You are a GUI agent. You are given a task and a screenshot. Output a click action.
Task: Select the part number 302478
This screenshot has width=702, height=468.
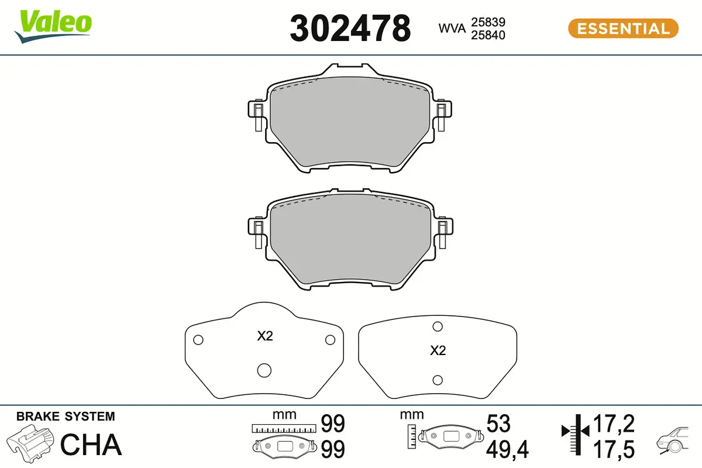click(x=350, y=28)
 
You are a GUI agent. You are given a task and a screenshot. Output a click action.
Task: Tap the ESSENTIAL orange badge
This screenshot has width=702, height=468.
click(x=623, y=28)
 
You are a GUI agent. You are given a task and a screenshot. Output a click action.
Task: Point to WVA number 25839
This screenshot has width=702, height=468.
click(x=488, y=22)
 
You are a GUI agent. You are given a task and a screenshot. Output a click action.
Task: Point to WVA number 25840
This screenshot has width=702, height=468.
click(x=488, y=35)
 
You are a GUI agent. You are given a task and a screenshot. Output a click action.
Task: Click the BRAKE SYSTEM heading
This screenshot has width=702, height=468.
click(x=66, y=417)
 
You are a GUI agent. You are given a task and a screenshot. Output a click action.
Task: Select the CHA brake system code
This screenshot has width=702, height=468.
click(x=91, y=445)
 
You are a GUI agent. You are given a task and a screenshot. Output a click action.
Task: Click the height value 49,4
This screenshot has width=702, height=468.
click(x=507, y=449)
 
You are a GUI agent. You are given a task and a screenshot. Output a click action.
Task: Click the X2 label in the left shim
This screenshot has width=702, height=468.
click(x=265, y=336)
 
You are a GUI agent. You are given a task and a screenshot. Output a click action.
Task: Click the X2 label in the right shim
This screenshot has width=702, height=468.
click(x=438, y=351)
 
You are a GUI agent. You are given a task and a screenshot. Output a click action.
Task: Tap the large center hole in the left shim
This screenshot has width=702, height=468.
click(x=264, y=370)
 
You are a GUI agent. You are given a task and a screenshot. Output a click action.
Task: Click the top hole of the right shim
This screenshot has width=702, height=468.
click(x=436, y=326)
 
